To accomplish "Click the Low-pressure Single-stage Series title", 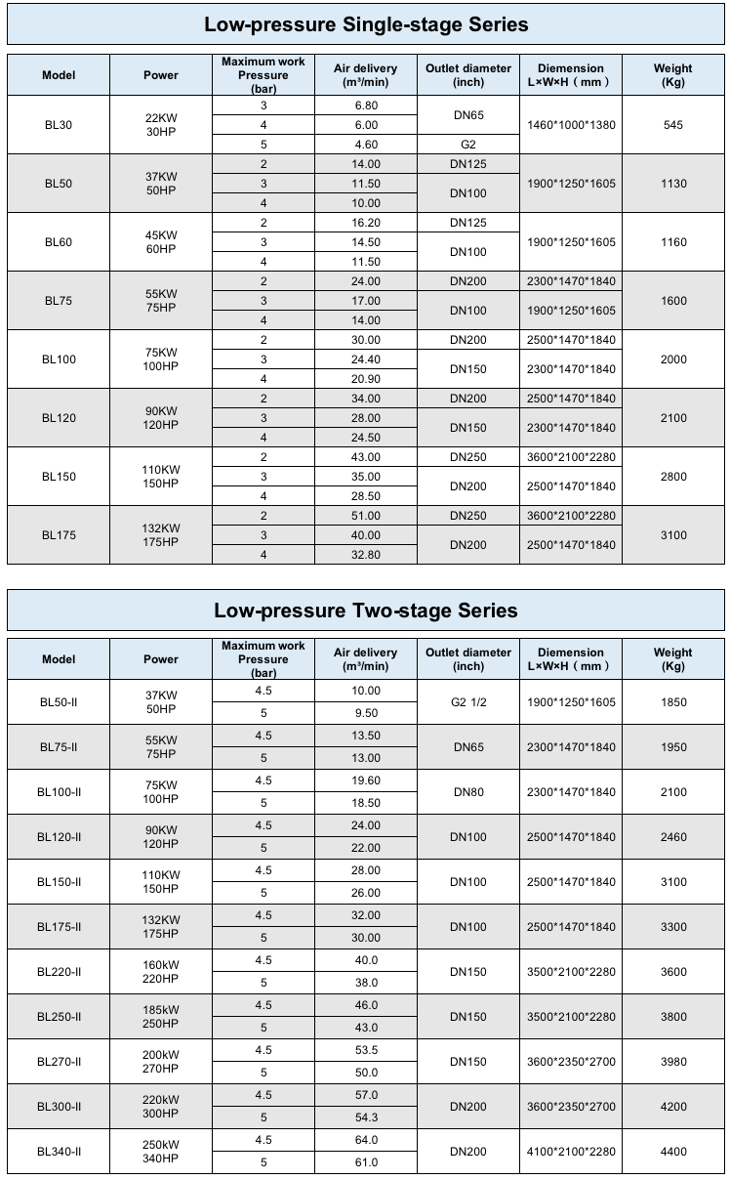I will [x=366, y=24].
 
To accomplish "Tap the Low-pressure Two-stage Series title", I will [x=366, y=611].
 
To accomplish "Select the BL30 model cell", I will [x=59, y=125].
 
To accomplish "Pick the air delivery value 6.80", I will [x=366, y=105].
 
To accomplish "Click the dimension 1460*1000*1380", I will [x=571, y=125].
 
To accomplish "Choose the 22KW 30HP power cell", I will [x=161, y=125].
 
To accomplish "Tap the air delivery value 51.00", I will [x=366, y=516].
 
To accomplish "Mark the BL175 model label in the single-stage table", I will [x=59, y=535].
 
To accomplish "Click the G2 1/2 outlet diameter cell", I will [x=468, y=702].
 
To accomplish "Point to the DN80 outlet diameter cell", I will [x=468, y=792].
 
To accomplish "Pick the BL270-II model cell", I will [x=59, y=1062].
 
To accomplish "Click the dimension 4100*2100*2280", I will [x=571, y=1152].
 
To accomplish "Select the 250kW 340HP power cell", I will [x=161, y=1152].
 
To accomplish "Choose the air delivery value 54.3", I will [x=366, y=1117].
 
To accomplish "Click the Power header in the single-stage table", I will [x=161, y=75].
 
